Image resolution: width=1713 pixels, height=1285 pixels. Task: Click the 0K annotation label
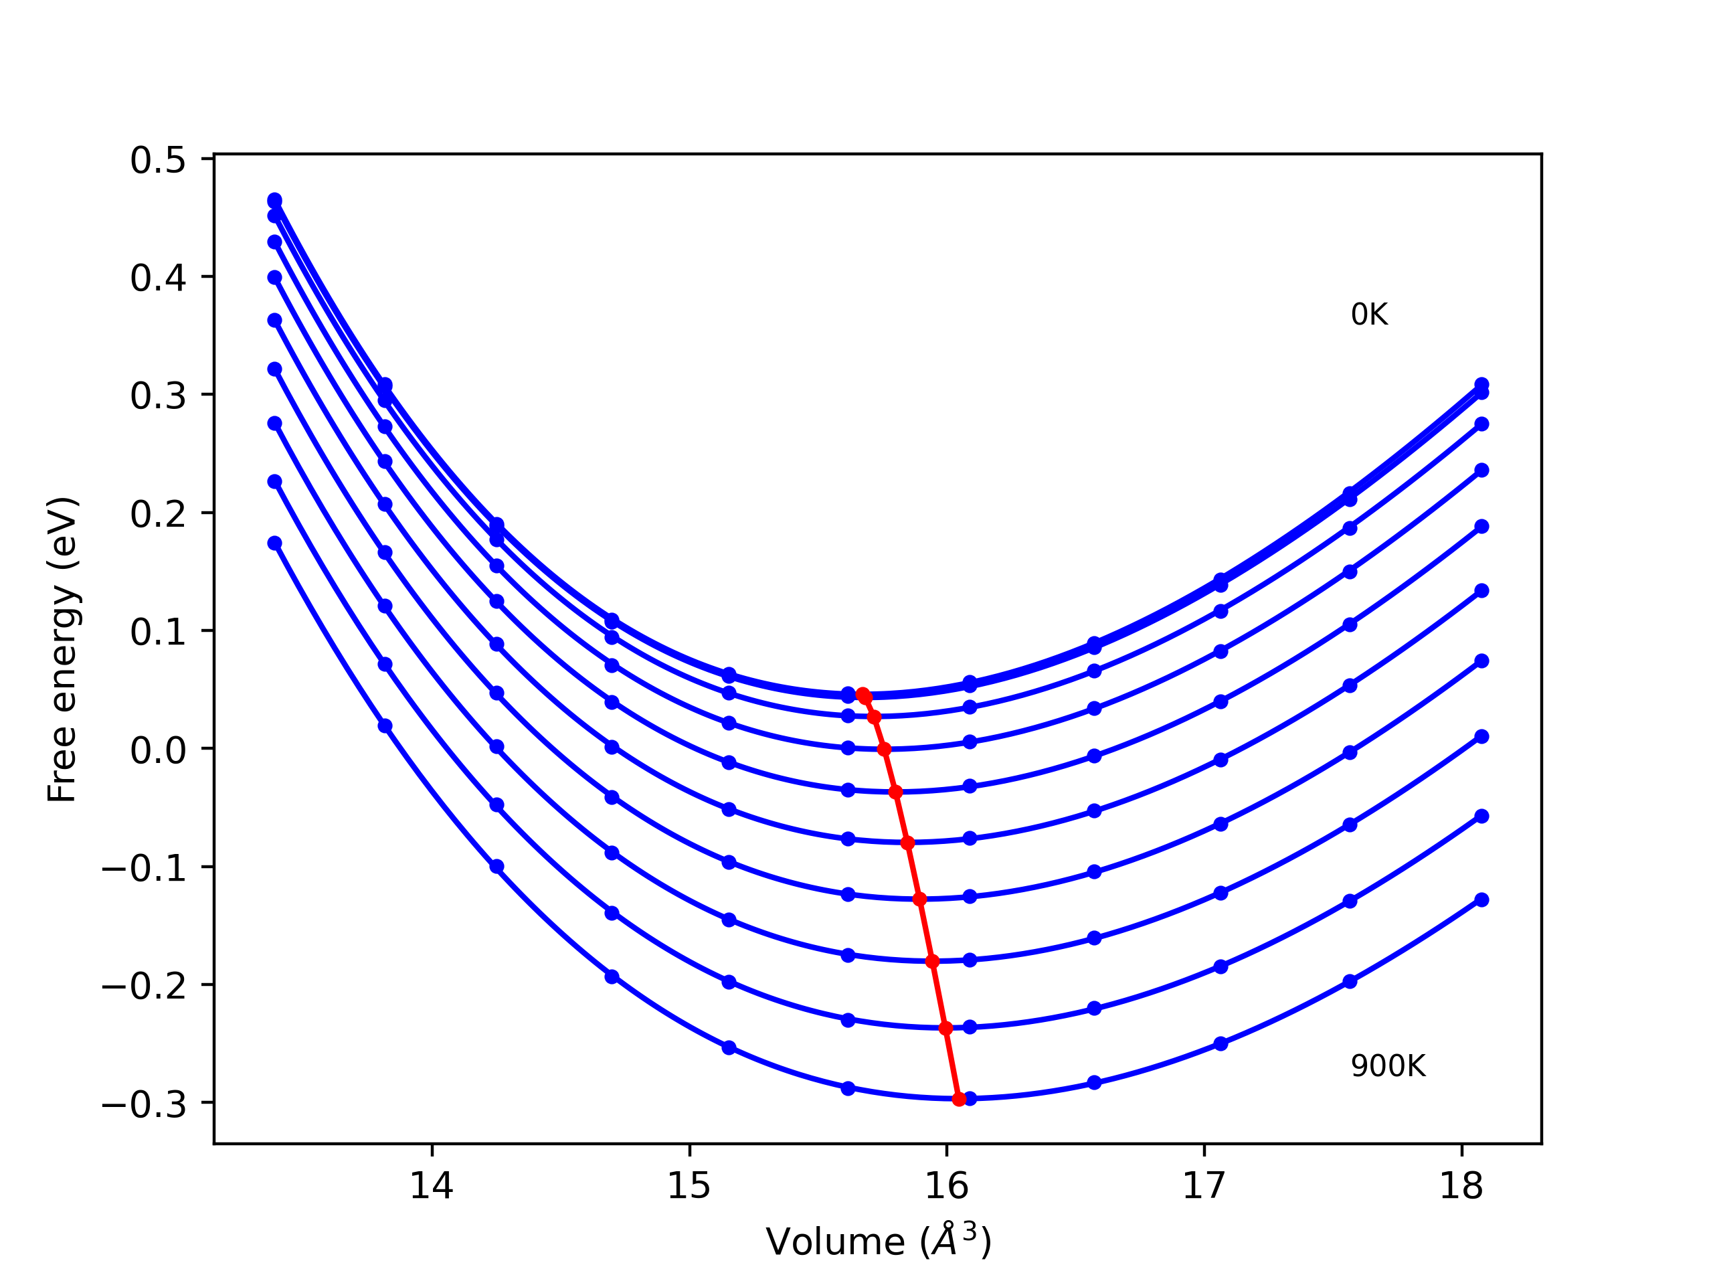pos(1369,315)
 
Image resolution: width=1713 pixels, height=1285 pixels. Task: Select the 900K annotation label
pos(1388,1067)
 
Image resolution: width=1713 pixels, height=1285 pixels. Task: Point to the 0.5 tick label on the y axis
pos(158,161)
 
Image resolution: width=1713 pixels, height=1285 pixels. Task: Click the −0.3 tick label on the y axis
pos(144,1104)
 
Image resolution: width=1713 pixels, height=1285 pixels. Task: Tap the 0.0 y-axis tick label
pos(158,750)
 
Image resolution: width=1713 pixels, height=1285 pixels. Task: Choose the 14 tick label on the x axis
pos(432,1186)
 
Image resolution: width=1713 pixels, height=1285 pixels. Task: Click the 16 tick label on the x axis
pos(946,1186)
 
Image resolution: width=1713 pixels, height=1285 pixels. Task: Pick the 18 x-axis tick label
pos(1461,1186)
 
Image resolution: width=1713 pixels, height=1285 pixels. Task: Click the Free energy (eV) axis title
pos(62,649)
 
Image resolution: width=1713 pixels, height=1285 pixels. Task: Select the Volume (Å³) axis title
pos(878,1241)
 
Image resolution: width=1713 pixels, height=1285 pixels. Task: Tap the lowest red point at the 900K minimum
pos(959,1100)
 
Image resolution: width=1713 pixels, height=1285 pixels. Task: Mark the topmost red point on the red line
pos(863,695)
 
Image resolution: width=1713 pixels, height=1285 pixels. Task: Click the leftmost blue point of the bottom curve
pos(275,543)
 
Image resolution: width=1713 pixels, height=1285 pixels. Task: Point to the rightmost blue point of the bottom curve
pos(1481,900)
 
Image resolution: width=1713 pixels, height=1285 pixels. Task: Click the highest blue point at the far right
pos(1481,384)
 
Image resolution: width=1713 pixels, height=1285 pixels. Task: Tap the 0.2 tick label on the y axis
pos(158,514)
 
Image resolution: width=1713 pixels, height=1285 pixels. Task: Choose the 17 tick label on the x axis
pos(1203,1186)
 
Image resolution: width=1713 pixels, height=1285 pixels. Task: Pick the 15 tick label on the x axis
pos(689,1186)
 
